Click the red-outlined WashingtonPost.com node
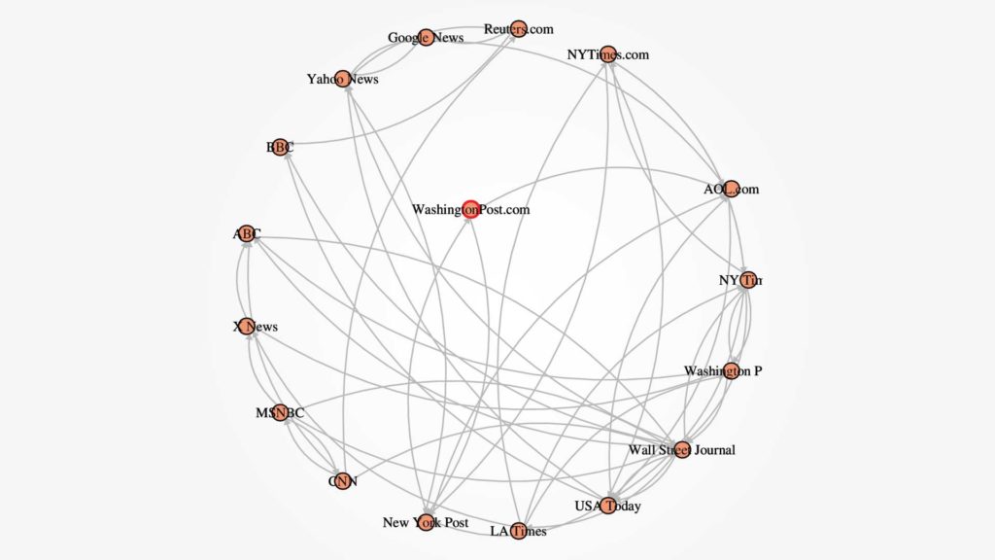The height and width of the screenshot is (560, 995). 471,208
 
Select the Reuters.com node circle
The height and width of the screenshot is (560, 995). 518,29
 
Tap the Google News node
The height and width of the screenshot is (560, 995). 426,40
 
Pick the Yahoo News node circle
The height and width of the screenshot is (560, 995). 340,79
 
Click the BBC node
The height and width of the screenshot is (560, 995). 280,147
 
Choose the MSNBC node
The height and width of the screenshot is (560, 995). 280,413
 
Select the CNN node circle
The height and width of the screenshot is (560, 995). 341,479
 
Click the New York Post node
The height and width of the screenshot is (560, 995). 426,522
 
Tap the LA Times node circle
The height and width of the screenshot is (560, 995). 518,530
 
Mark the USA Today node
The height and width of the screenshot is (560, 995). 608,506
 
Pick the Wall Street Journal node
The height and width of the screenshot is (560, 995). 682,449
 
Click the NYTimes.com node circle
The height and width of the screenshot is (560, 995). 608,54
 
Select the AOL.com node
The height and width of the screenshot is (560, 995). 732,189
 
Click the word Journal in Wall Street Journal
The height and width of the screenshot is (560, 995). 713,450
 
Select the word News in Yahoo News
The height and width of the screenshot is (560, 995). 361,80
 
